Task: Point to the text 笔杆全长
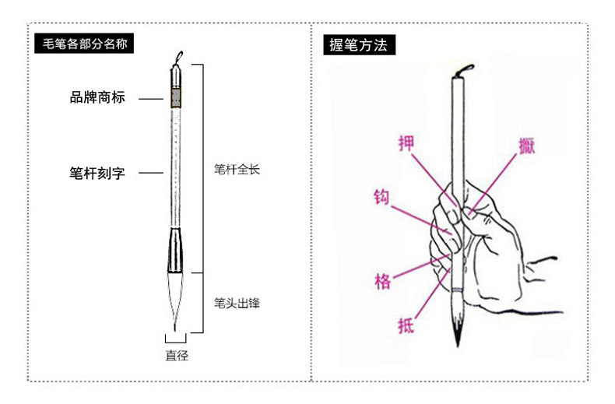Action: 236,168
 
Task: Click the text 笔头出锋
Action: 236,303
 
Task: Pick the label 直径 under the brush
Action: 177,356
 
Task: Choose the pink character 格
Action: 382,280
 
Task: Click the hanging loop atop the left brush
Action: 180,56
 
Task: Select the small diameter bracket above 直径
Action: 177,339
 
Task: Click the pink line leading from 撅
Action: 497,178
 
